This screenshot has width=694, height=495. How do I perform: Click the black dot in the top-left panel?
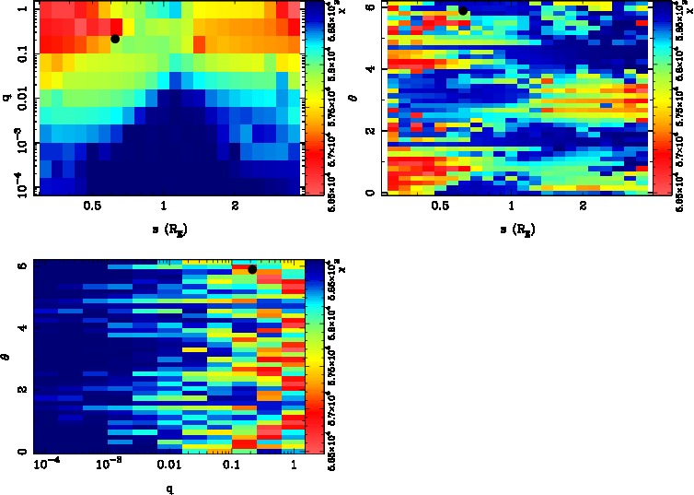point(115,39)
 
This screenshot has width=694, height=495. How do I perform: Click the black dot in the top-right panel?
point(463,10)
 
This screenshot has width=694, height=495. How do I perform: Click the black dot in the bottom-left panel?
point(252,269)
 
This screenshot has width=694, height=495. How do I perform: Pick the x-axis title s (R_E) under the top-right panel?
point(515,228)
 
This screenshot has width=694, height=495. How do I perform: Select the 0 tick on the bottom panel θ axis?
point(22,452)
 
